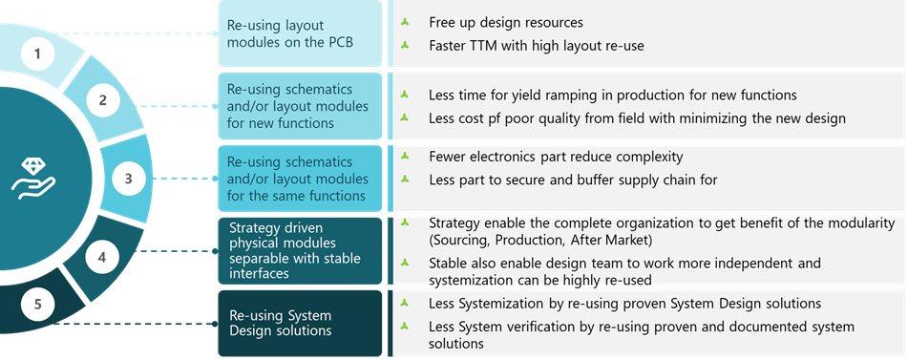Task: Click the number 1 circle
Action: (37, 53)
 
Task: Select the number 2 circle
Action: (103, 99)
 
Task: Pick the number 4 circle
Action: (103, 258)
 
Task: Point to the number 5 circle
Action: (37, 305)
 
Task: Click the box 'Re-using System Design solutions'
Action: (300, 323)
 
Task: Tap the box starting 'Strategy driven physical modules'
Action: (300, 250)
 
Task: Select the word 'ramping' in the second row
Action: (571, 95)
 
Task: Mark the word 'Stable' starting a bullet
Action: (451, 263)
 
